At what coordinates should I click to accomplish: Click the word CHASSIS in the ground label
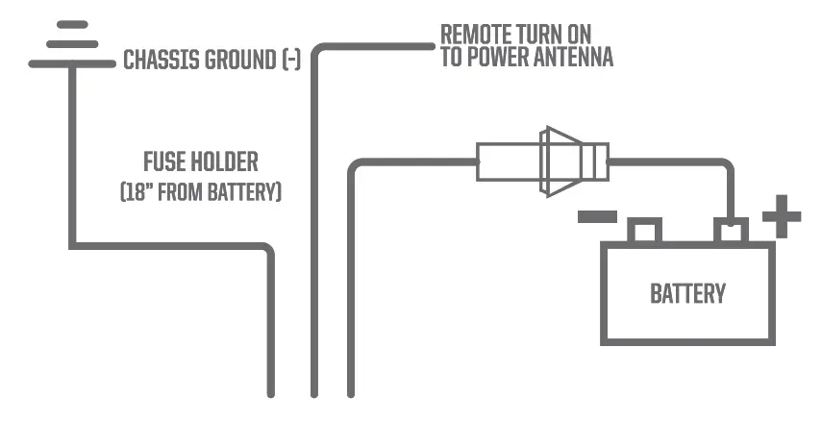tap(160, 61)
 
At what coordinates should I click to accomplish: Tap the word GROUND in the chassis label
tap(238, 61)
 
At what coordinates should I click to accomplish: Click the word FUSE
tap(162, 161)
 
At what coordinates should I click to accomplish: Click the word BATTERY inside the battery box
tap(687, 293)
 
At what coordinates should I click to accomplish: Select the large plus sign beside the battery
tap(782, 217)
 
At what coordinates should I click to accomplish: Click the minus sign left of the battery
tap(595, 216)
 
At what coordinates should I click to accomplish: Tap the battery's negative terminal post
tap(644, 231)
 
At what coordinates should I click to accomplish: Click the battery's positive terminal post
tap(731, 231)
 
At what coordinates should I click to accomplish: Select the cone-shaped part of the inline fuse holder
tap(559, 161)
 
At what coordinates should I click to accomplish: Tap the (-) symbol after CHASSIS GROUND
tap(291, 61)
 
